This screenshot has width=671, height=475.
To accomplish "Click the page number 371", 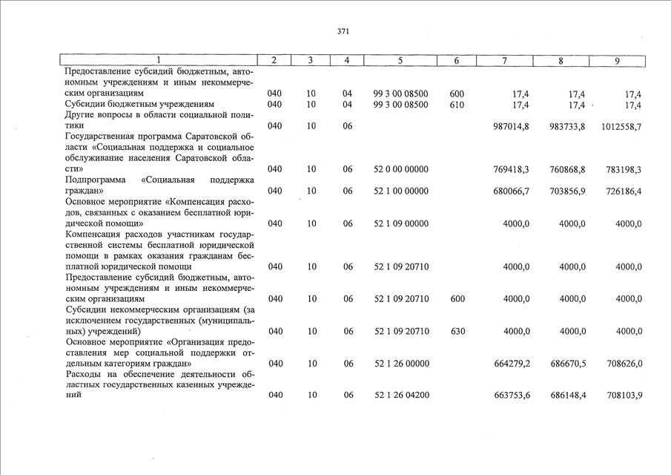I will pos(343,32).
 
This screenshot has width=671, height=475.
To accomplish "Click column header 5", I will pos(400,61).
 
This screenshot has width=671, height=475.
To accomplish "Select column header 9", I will pos(617,61).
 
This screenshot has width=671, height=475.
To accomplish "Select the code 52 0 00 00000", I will pos(401,170).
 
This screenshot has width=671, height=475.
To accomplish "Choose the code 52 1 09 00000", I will pos(401,223).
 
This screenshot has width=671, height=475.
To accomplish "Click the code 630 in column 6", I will pos(457,332).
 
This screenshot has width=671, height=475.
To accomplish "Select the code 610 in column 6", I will pos(457,105).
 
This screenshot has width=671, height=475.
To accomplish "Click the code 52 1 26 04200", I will pos(401,396).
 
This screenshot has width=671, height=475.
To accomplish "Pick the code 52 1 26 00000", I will pos(401,364).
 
